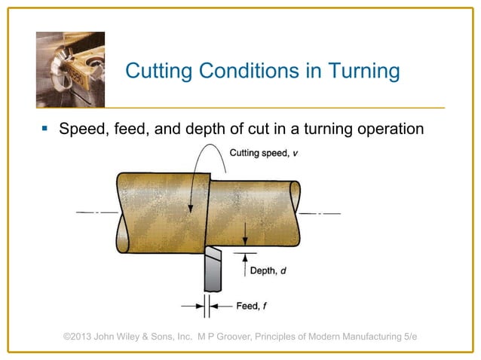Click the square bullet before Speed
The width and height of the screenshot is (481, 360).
(45, 129)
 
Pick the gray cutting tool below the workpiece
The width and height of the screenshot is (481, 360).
(213, 271)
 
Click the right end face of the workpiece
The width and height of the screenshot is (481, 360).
(295, 213)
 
